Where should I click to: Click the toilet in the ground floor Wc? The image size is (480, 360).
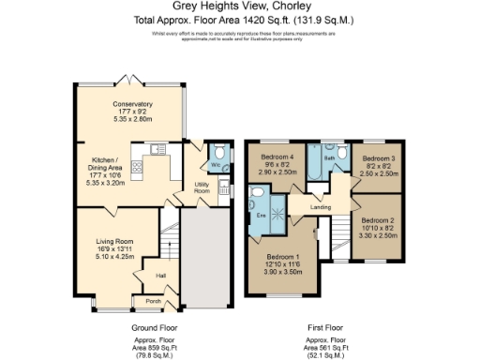217,155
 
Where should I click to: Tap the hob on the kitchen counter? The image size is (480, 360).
138,169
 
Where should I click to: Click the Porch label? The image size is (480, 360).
153,301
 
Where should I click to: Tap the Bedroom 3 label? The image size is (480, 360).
379,158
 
